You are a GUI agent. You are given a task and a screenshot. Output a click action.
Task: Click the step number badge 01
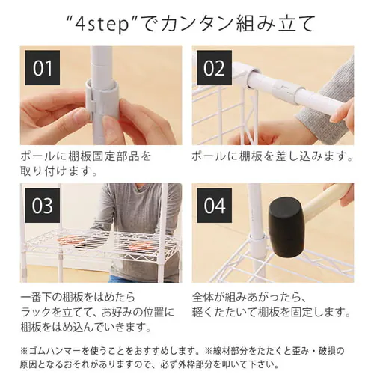[x=43, y=68]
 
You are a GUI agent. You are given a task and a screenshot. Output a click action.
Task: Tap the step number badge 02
[x=215, y=68]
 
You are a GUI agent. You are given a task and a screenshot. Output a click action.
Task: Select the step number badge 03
[x=43, y=205]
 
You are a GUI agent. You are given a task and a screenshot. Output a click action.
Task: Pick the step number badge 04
[x=215, y=205]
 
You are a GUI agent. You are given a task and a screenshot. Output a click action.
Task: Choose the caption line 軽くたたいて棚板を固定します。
[x=272, y=311]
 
